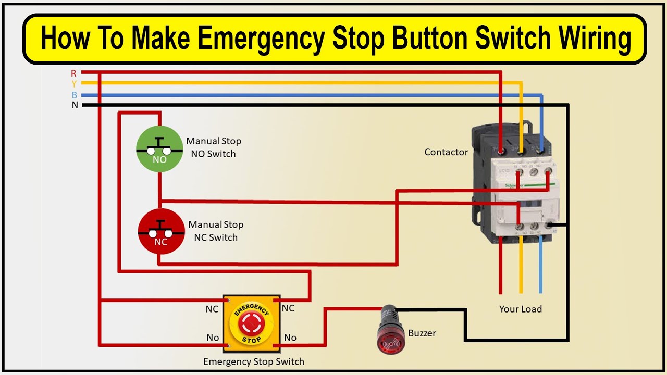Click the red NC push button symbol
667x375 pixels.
coord(161,231)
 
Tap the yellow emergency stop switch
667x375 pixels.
coord(251,321)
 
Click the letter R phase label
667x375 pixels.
coord(74,73)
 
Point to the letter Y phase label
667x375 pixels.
coord(74,83)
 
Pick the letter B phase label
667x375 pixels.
coord(75,95)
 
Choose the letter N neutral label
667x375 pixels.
coord(75,105)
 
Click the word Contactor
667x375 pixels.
coord(446,152)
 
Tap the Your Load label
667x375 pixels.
coord(520,309)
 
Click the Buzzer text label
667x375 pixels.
coord(422,333)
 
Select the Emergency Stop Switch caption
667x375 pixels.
coord(253,361)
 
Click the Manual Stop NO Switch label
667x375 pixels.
coord(213,147)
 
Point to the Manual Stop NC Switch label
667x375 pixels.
coord(215,231)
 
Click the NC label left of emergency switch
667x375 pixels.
coord(212,309)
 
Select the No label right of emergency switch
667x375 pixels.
coord(290,337)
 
